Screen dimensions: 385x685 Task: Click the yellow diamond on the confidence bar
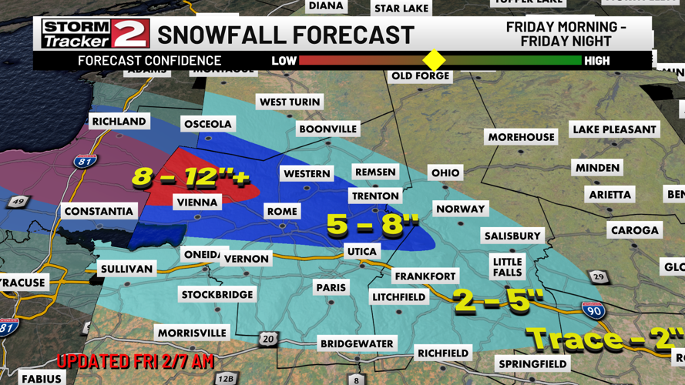434,60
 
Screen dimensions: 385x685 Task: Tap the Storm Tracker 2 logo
96,34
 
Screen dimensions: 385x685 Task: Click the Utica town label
361,251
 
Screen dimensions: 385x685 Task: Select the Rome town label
281,211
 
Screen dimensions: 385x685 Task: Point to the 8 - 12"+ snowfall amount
190,177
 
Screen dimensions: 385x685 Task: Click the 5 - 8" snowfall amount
372,226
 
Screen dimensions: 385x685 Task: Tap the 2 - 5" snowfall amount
499,300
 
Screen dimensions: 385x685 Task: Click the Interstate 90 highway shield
593,310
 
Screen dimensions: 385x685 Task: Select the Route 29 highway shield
599,277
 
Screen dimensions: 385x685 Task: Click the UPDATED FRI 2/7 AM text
135,360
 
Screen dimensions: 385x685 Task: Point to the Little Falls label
507,267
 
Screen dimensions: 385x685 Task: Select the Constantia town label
99,211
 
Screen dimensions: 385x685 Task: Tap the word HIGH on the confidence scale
596,60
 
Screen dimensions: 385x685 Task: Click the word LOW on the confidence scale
284,60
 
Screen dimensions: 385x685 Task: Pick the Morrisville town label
192,333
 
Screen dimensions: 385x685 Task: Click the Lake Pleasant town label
614,129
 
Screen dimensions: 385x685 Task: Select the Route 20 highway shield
267,338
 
